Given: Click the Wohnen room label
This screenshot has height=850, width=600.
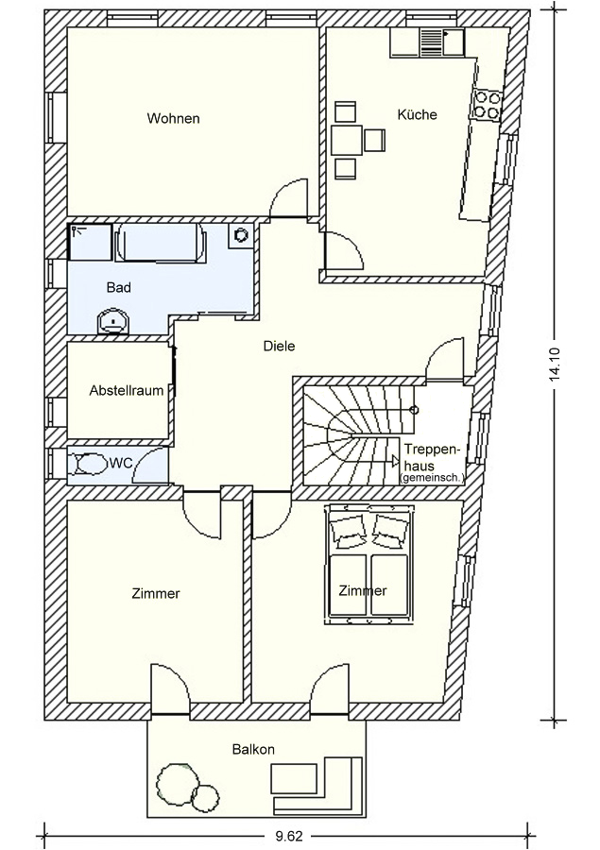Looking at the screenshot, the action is coord(173,118).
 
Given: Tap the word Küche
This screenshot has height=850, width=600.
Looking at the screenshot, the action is coord(418,114).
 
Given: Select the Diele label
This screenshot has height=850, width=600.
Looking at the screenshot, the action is coord(280,346).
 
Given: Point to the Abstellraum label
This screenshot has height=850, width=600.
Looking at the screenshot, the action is coord(127,390).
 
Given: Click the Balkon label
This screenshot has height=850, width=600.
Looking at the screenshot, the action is coord(253,749).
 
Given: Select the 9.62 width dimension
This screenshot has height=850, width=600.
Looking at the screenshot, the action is coord(288,836).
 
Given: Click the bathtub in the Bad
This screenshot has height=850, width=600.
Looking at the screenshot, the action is coord(162,243).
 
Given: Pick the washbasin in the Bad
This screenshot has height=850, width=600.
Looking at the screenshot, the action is coord(112,322).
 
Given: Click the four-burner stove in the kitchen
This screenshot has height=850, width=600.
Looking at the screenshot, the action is coord(487,104).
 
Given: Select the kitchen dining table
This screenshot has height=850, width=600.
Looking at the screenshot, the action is coord(346,141).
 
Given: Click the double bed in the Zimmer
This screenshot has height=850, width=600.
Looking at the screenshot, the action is coord(369,565).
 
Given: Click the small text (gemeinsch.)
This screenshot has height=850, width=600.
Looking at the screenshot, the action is coord(431,478).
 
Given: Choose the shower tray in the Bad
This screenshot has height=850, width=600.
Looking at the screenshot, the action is coord(90,242).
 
